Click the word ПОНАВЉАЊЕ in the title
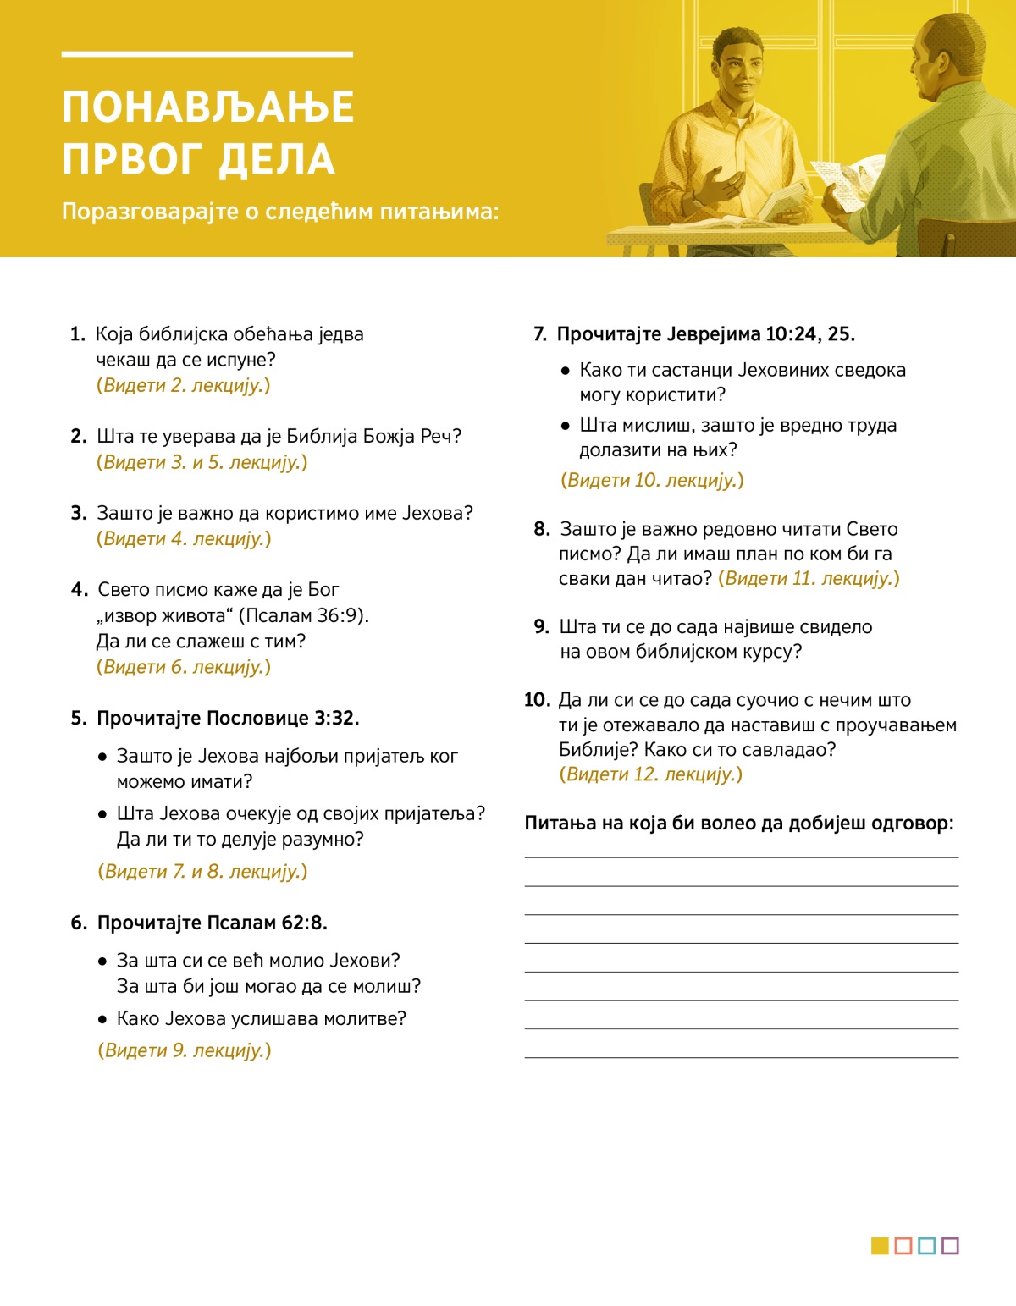208,107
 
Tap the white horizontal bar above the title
207,54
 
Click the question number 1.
77,334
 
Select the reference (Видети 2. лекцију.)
184,385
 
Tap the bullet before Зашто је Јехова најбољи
102,757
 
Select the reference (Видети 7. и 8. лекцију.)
202,871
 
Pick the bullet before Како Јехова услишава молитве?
102,1019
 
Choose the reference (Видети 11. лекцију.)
809,578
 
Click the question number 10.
537,700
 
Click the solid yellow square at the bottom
880,1246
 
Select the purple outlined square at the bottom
950,1246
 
